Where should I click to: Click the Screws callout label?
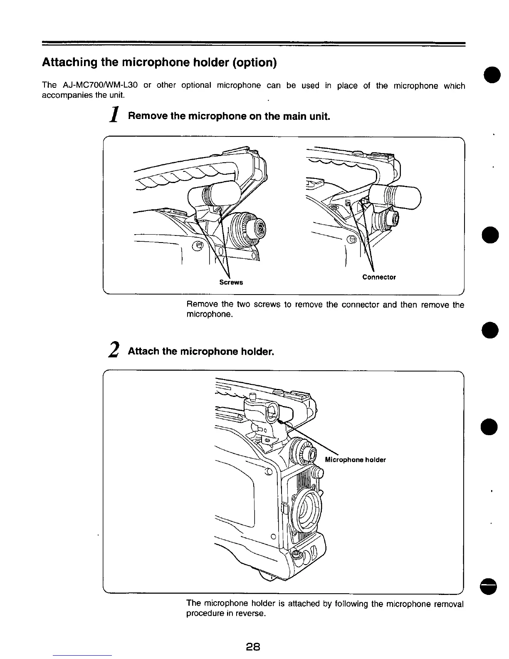[231, 282]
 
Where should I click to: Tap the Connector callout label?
[379, 277]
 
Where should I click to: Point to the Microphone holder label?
[355, 460]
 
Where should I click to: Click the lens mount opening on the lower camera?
[306, 508]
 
